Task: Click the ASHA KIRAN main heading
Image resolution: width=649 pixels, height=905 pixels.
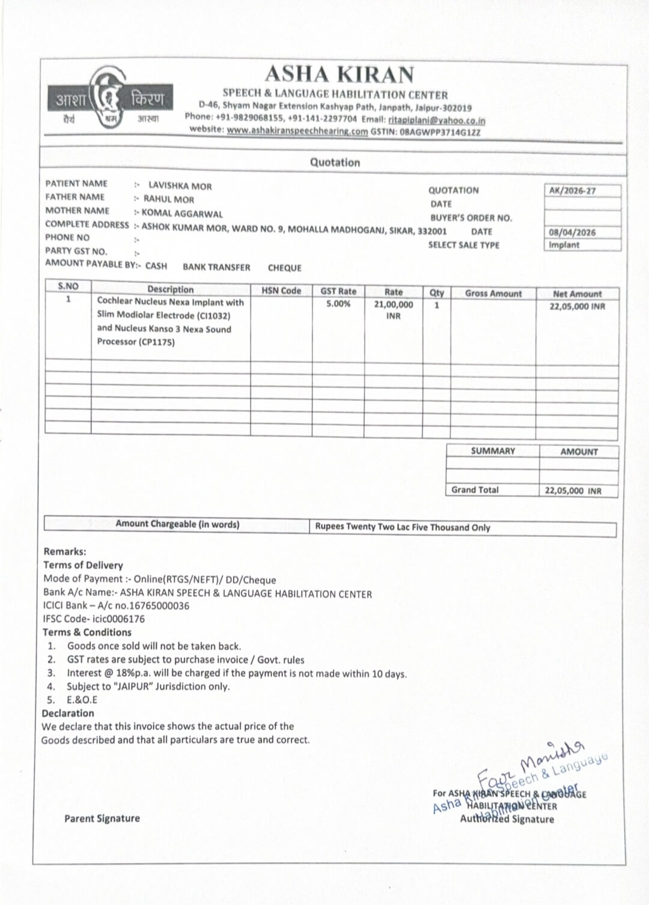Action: click(x=339, y=74)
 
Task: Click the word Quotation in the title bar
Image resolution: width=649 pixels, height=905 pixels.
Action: click(x=335, y=162)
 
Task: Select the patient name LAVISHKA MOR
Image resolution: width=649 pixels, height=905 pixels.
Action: click(x=180, y=186)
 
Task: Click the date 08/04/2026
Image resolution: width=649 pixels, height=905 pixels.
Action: click(x=572, y=232)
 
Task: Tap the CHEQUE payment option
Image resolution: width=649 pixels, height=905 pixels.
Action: click(x=284, y=268)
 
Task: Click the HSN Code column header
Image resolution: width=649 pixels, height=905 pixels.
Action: click(x=281, y=291)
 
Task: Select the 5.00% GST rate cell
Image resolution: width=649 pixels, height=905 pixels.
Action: click(x=338, y=304)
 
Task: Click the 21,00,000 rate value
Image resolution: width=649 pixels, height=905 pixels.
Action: click(x=394, y=304)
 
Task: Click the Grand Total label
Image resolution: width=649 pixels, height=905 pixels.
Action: click(x=475, y=490)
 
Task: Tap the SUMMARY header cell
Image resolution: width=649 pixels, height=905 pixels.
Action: click(x=493, y=451)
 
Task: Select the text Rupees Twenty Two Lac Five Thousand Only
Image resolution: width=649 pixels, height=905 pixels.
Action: click(x=403, y=527)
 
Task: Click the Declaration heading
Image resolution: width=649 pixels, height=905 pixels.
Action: click(x=68, y=713)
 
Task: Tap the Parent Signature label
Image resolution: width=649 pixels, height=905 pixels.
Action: click(x=102, y=819)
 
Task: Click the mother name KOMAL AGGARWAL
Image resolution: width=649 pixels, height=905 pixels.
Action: click(x=181, y=213)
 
